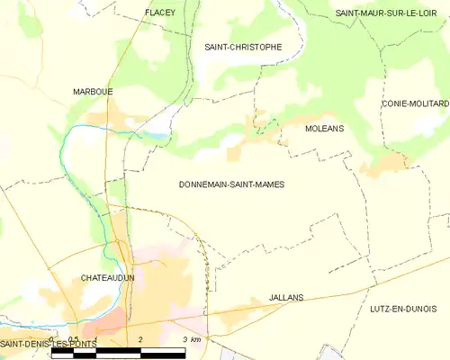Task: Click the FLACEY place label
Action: [x=159, y=13]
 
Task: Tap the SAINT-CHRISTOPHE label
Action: [x=243, y=47]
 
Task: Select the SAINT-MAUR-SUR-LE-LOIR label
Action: [x=391, y=13]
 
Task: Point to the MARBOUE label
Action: [x=93, y=92]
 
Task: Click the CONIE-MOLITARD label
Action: [x=415, y=103]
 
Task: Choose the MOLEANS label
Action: [x=300, y=129]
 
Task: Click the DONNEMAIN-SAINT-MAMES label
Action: [x=232, y=184]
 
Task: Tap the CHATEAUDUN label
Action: [x=107, y=278]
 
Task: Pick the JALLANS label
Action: [x=286, y=296]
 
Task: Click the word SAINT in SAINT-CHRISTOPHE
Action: [x=219, y=47]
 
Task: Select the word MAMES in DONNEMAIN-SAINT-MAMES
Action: [x=268, y=184]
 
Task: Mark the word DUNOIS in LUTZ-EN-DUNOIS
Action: [x=428, y=309]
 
